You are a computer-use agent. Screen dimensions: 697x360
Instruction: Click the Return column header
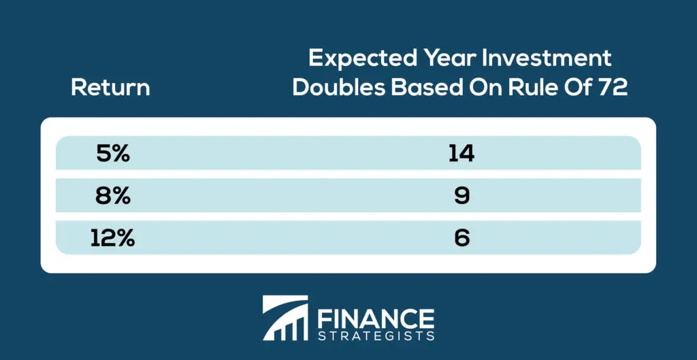(x=111, y=88)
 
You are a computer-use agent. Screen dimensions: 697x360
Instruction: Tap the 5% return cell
(x=113, y=154)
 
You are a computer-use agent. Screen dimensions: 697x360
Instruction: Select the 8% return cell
(x=113, y=197)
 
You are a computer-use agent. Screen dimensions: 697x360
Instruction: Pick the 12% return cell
(x=112, y=239)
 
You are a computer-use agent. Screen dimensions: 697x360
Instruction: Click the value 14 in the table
(x=461, y=154)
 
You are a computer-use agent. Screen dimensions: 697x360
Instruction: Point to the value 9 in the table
(x=461, y=197)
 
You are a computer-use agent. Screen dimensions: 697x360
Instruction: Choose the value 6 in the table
(x=461, y=239)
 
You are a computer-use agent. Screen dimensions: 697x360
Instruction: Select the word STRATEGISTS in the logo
(x=375, y=335)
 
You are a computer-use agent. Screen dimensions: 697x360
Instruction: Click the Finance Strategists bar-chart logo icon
(x=285, y=318)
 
